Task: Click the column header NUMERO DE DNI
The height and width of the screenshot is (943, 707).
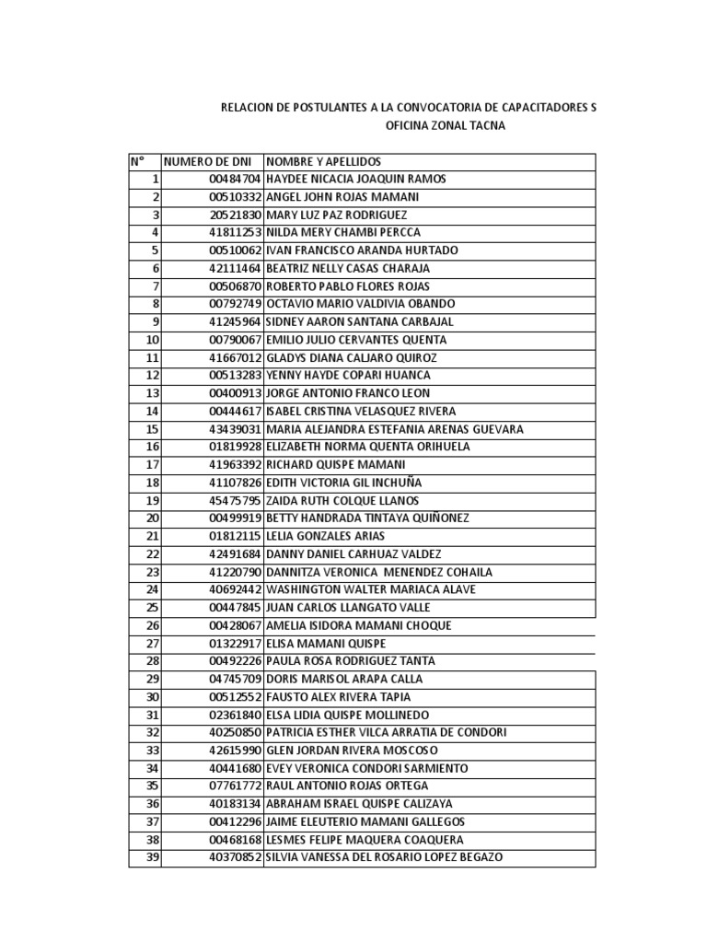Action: pyautogui.click(x=207, y=161)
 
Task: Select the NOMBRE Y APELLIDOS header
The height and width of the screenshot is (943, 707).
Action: pyautogui.click(x=323, y=161)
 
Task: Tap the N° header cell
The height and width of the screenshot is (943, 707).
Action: pyautogui.click(x=138, y=161)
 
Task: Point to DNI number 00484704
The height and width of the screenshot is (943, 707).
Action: pyautogui.click(x=237, y=179)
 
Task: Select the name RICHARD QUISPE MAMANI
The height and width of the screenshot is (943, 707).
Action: pyautogui.click(x=329, y=465)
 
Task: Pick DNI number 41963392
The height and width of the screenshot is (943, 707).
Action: pyautogui.click(x=237, y=465)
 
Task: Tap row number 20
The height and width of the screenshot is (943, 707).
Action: pyautogui.click(x=153, y=518)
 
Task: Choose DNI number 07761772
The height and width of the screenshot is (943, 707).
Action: pyautogui.click(x=237, y=786)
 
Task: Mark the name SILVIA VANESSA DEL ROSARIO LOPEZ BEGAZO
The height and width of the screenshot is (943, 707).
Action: pyautogui.click(x=385, y=858)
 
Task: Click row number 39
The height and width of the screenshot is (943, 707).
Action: pyautogui.click(x=153, y=858)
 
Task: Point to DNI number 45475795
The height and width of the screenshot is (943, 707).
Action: pyautogui.click(x=237, y=501)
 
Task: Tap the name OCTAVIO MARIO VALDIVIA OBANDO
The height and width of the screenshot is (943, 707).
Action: pyautogui.click(x=360, y=304)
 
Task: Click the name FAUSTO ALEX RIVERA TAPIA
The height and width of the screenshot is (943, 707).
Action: pyautogui.click(x=338, y=697)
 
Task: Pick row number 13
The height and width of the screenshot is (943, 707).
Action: pyautogui.click(x=153, y=393)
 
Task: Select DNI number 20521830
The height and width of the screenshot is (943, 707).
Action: pyautogui.click(x=237, y=215)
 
